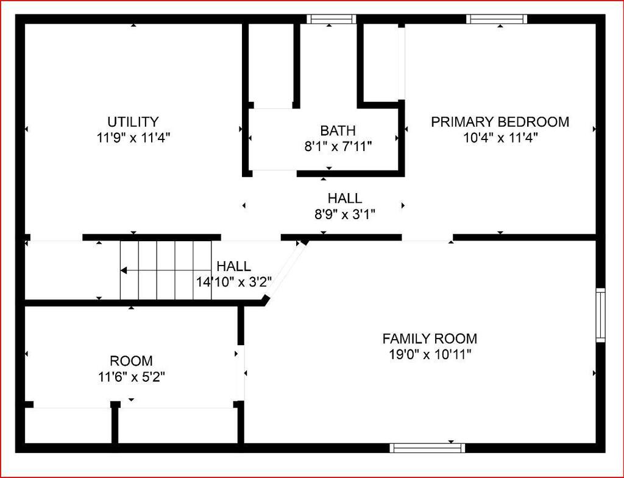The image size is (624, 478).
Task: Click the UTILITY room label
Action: [x=133, y=121]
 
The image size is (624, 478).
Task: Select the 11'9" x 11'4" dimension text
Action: [x=133, y=138]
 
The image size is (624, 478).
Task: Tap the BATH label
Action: [x=338, y=130]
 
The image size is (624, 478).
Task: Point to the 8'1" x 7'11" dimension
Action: [x=338, y=146]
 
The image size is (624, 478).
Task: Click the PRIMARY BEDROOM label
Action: [x=500, y=121]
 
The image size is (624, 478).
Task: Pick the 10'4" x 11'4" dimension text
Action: [x=500, y=138]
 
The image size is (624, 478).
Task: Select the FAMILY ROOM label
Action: [x=430, y=339]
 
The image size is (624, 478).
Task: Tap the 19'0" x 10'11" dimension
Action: [x=430, y=354]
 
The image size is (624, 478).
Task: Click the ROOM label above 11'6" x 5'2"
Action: [x=132, y=360]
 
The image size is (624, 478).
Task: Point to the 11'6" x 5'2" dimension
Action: [x=132, y=376]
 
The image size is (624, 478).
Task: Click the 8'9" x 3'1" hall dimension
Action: [x=345, y=214]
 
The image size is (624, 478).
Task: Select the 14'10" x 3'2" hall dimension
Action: [x=233, y=281]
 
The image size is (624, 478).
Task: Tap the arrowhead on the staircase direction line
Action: [x=123, y=270]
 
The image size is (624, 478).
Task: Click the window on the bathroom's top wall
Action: [x=331, y=19]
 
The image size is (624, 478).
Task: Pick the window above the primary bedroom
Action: [x=497, y=19]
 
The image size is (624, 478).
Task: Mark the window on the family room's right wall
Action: [x=600, y=315]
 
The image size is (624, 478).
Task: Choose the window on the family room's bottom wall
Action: [x=427, y=448]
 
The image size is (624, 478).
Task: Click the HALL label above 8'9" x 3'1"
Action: [x=345, y=198]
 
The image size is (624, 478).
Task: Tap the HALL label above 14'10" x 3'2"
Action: [x=233, y=265]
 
